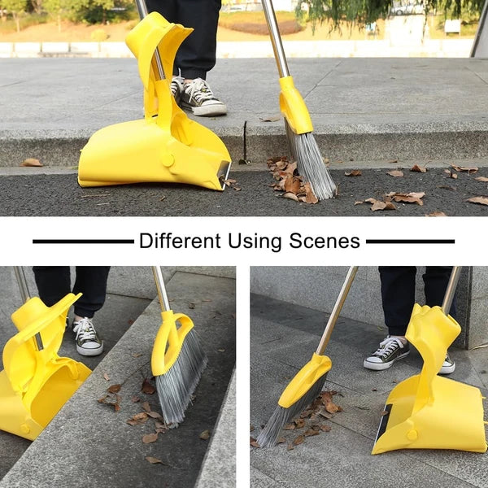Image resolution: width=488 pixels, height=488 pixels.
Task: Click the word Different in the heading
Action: pos(180,241)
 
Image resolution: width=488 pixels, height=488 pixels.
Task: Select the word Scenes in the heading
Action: pos(325,242)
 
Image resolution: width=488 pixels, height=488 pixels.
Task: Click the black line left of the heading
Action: pos(83,242)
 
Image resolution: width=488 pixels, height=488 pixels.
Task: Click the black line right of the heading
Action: pos(410,242)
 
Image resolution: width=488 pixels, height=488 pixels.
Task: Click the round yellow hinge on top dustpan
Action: pos(168,160)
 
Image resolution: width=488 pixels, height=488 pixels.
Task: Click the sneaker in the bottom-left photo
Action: pos(87,337)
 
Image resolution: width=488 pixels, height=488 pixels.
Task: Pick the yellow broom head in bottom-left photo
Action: pos(171,342)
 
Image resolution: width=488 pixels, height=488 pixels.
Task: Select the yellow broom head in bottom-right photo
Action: pos(304,381)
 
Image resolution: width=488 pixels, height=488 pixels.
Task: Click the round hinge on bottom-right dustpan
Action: pos(412,434)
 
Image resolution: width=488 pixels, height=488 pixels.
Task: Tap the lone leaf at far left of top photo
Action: pos(31,163)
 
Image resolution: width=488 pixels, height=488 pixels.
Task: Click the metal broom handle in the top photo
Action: pos(276,39)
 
